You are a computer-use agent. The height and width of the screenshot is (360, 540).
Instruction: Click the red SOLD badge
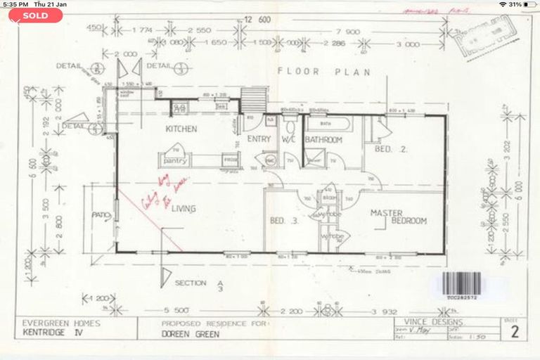tap(36, 15)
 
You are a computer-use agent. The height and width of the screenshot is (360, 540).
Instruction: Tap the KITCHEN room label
tap(181, 129)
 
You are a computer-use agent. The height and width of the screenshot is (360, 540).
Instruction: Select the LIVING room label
tap(182, 209)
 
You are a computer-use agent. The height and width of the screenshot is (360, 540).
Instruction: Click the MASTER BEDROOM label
tap(399, 216)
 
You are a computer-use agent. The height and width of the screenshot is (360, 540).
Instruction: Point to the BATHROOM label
tap(323, 140)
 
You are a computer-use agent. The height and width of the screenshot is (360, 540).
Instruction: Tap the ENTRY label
tap(259, 139)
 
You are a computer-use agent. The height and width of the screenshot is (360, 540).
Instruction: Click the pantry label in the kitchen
tap(174, 160)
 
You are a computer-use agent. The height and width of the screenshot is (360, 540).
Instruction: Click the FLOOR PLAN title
tap(324, 72)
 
